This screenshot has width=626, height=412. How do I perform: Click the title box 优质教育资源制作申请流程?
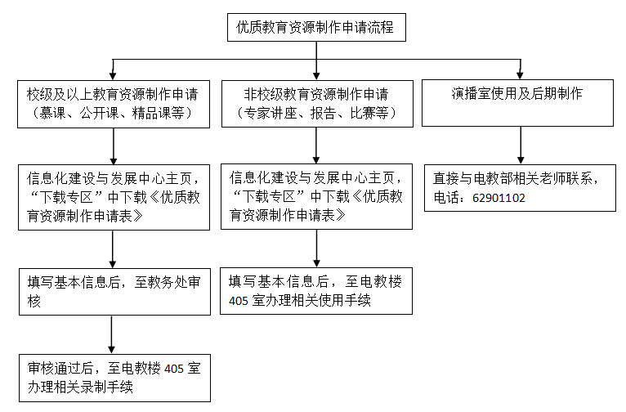[316, 27]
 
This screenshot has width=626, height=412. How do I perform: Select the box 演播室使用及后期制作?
[517, 103]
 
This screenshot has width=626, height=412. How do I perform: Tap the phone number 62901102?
[499, 198]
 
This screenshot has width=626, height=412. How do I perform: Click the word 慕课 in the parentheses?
[52, 113]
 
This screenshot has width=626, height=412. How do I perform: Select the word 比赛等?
[369, 113]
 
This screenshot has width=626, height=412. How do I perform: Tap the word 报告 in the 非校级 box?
[324, 113]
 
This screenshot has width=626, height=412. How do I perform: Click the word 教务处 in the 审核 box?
[167, 282]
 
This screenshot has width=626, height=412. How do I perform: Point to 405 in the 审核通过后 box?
[174, 369]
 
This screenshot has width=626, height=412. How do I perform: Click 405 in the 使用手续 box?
[239, 301]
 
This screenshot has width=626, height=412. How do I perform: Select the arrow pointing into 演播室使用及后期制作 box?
[520, 69]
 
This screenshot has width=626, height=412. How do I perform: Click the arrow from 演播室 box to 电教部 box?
[521, 146]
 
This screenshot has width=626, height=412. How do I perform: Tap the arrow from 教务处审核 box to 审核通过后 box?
[111, 334]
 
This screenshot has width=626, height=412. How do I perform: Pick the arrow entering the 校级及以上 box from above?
[113, 69]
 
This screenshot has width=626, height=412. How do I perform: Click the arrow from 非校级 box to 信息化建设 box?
[316, 146]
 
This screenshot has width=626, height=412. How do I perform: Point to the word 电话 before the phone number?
[446, 198]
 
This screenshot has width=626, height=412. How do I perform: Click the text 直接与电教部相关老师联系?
[512, 178]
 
